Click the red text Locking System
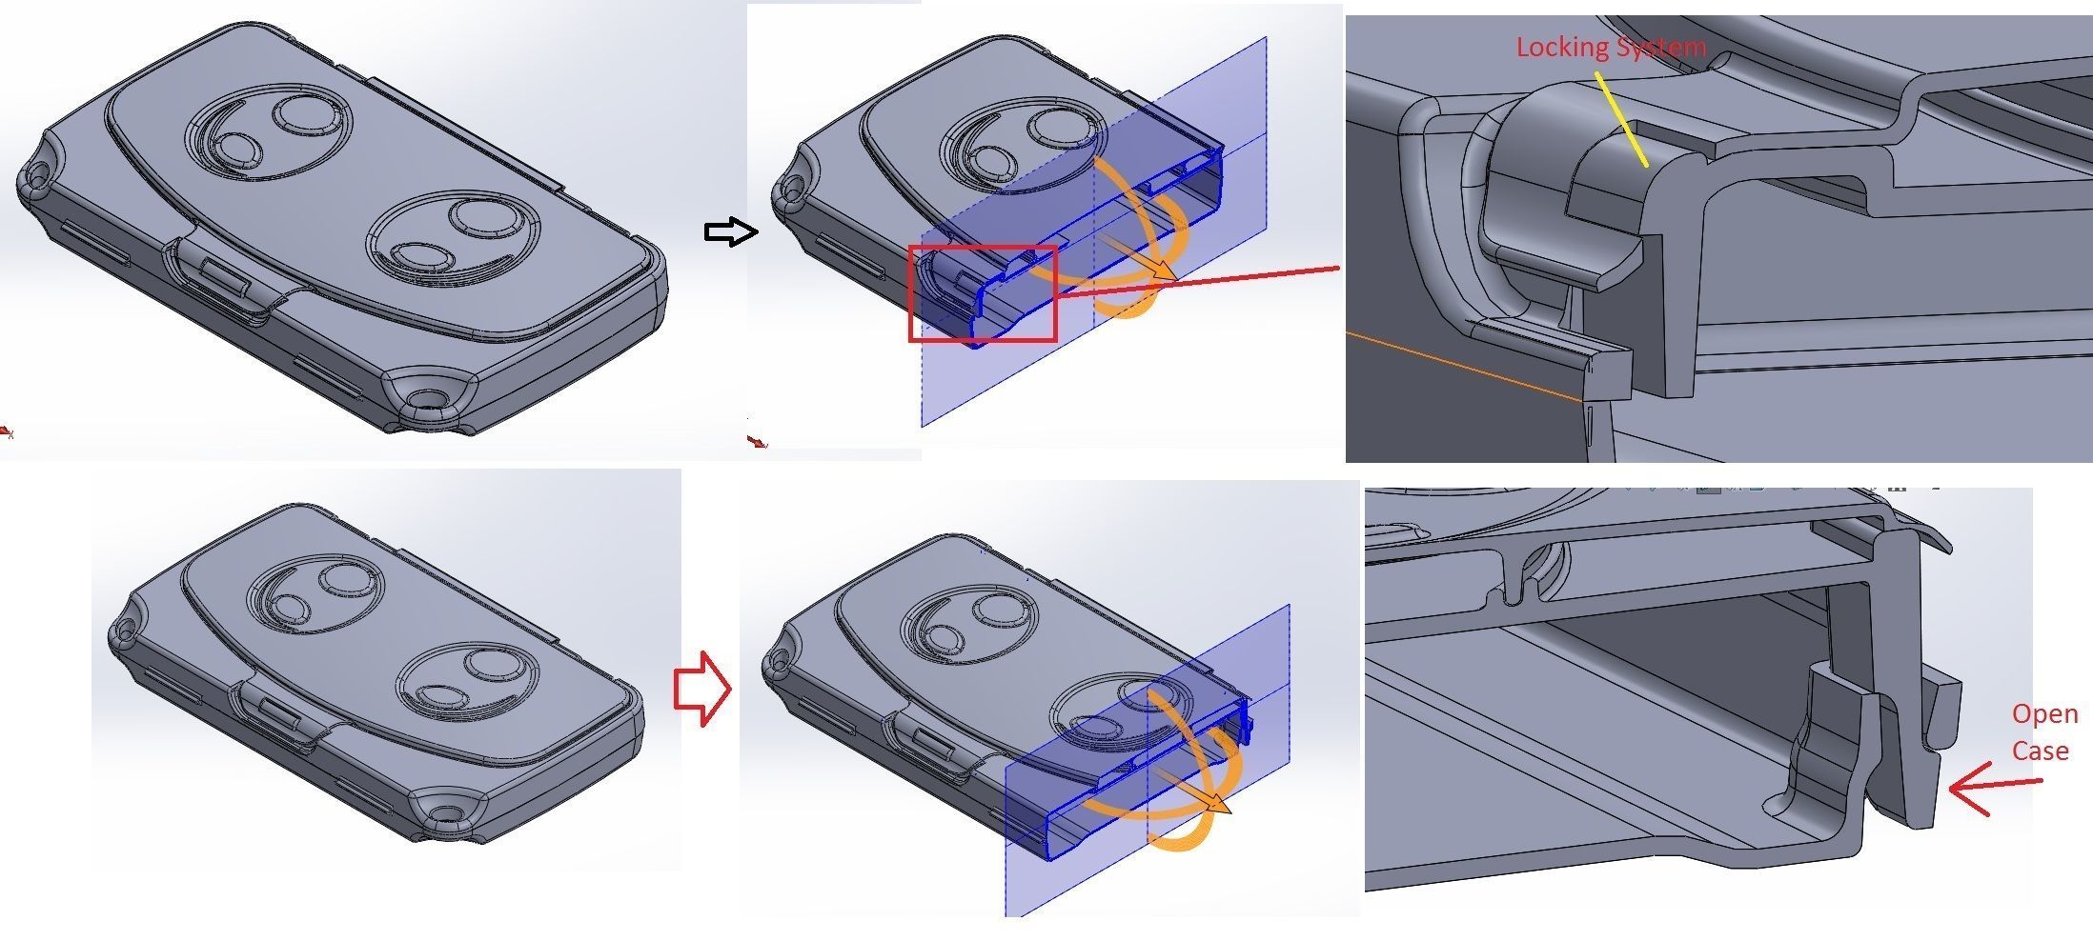[x=1610, y=47]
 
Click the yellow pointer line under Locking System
[x=1620, y=121]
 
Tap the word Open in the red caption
[x=2044, y=714]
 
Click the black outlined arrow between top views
[x=730, y=231]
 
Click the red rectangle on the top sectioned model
[x=982, y=293]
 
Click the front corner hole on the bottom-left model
[x=446, y=812]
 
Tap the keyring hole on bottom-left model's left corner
[x=122, y=630]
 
